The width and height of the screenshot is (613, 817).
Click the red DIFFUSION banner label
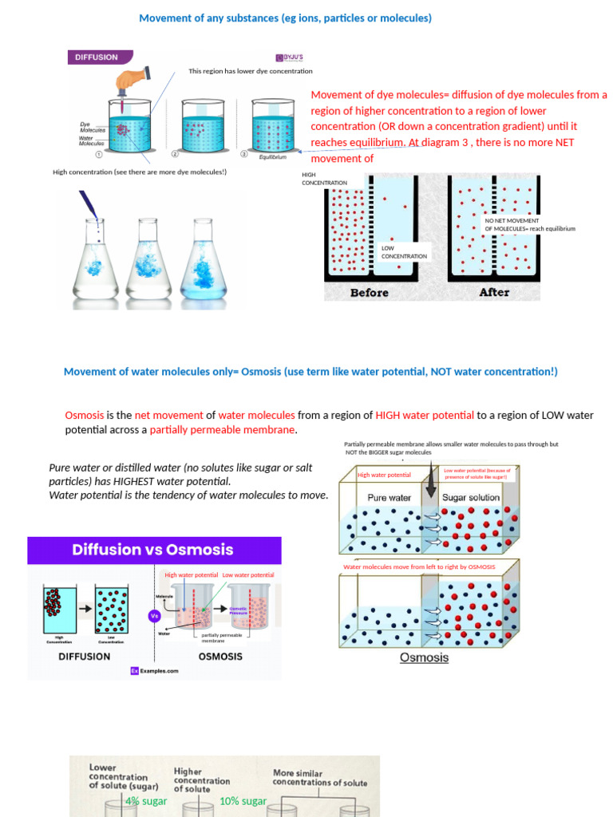pyautogui.click(x=97, y=57)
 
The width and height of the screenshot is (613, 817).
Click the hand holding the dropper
pyautogui.click(x=131, y=81)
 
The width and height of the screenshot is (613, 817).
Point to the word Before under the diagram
pyautogui.click(x=369, y=293)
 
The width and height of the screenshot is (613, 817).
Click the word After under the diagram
pyautogui.click(x=494, y=293)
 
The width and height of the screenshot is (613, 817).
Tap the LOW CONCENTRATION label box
pyautogui.click(x=404, y=252)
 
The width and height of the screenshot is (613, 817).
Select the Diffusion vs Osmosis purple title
pyautogui.click(x=152, y=550)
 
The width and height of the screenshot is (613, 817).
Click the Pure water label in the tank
pyautogui.click(x=389, y=498)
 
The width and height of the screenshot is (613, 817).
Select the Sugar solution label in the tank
pyautogui.click(x=471, y=498)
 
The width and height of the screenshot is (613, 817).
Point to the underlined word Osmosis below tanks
pyautogui.click(x=424, y=658)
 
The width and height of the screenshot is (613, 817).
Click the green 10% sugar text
pyautogui.click(x=243, y=801)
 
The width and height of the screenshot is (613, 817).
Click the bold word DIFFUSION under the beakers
pyautogui.click(x=84, y=657)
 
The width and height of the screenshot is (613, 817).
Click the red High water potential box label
pyautogui.click(x=384, y=476)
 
